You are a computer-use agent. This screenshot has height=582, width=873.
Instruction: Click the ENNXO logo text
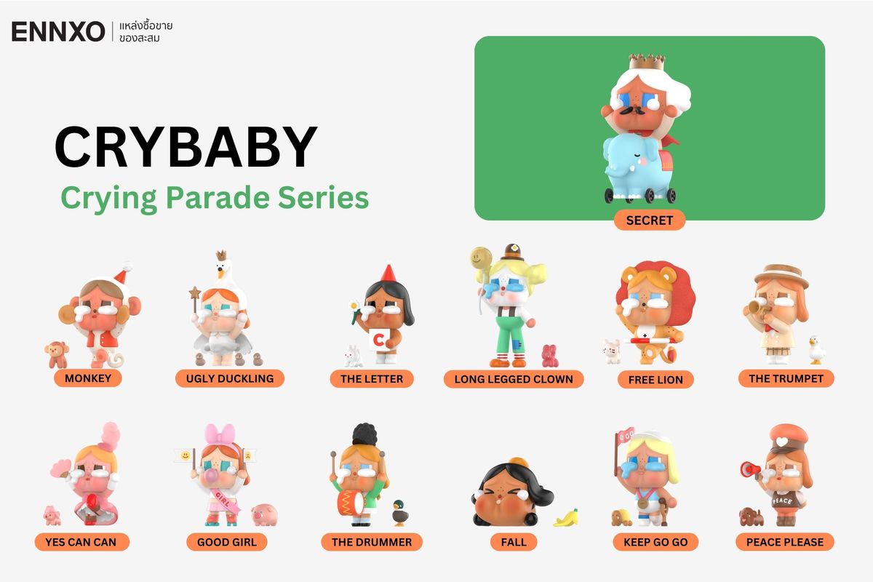click(58, 31)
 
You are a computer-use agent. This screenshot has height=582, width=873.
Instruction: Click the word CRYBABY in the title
click(186, 148)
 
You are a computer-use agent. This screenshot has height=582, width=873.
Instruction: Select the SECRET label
click(649, 220)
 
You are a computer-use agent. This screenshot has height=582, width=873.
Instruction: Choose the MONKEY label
click(88, 378)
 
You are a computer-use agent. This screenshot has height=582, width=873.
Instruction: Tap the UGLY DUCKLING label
click(230, 378)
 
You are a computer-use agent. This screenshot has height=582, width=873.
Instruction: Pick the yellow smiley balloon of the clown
click(478, 258)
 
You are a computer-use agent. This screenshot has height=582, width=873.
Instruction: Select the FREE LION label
click(655, 380)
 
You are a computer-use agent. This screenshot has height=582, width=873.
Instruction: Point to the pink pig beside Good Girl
click(264, 514)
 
